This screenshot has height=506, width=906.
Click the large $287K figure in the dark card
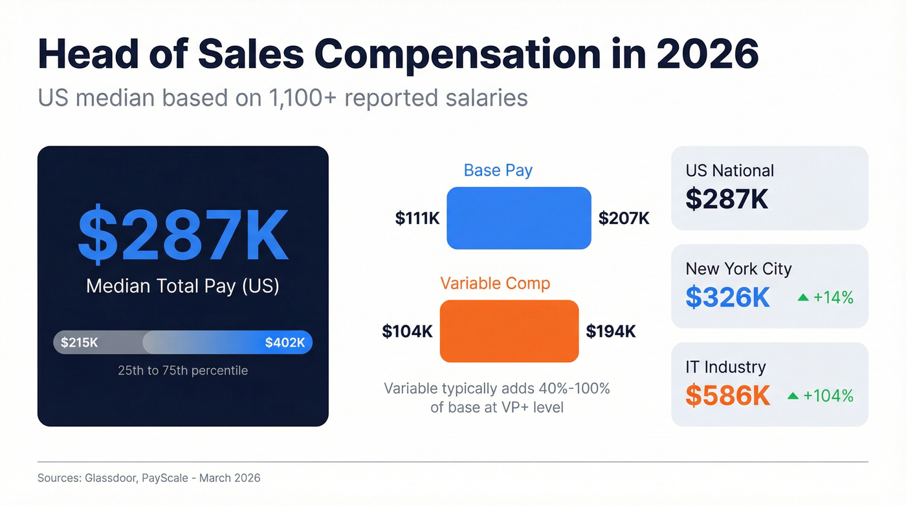[x=182, y=234]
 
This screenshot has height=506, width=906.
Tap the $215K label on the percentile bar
[x=80, y=343]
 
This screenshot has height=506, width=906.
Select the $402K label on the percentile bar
[x=285, y=343]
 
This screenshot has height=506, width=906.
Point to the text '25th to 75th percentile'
[x=182, y=371]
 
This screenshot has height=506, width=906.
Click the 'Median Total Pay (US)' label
[x=182, y=286]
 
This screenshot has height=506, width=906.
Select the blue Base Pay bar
[x=518, y=218]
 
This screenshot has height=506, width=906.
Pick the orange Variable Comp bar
[x=509, y=331]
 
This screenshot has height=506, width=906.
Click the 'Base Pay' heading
[x=498, y=170]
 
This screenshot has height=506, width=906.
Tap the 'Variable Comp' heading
[x=495, y=283]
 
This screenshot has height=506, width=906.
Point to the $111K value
[x=417, y=218]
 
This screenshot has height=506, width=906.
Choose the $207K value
[x=624, y=218]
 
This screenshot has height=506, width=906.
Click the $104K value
[x=407, y=332]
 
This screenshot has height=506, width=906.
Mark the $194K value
[x=611, y=332]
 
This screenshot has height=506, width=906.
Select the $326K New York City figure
[x=728, y=297]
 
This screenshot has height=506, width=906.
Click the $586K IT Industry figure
[x=728, y=395]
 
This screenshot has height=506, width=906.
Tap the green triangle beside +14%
[x=803, y=297]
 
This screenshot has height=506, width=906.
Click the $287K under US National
[x=727, y=199]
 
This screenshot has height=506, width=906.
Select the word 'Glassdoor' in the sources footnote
[x=109, y=478]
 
